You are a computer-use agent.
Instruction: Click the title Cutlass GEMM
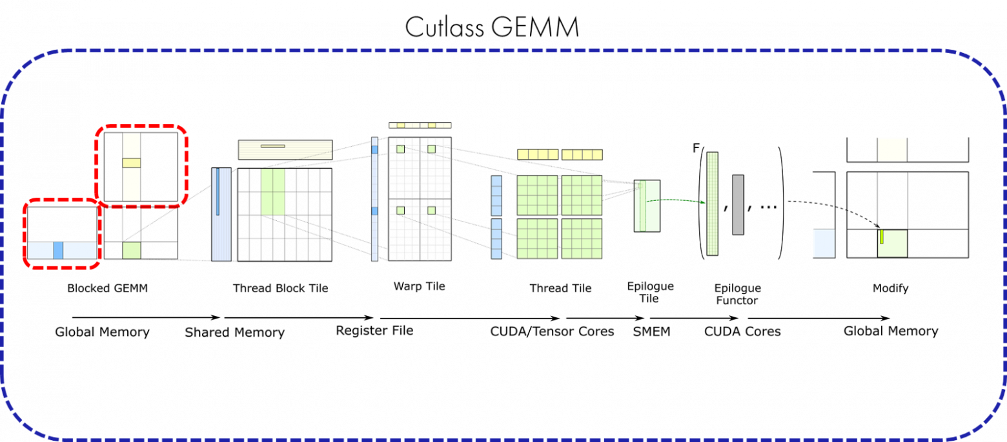(492, 27)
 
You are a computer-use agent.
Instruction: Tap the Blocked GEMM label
(107, 288)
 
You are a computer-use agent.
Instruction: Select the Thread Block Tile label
(281, 288)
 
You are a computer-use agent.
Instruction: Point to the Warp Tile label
(419, 286)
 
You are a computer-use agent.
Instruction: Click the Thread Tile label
(560, 288)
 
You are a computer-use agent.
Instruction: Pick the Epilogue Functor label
(737, 294)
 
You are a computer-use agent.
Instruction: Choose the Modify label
(891, 288)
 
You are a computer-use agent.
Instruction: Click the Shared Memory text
(235, 332)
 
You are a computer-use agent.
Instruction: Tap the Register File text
(374, 330)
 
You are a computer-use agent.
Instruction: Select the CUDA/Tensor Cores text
(552, 331)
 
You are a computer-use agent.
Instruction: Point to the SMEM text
(651, 331)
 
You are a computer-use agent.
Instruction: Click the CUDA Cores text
(742, 331)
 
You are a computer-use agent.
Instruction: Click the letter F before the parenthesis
(696, 148)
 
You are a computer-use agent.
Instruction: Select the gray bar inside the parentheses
(738, 205)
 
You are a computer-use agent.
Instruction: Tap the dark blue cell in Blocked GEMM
(59, 250)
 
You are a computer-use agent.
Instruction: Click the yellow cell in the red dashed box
(131, 163)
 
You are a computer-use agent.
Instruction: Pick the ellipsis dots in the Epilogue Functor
(769, 207)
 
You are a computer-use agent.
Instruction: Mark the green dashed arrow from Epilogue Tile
(676, 200)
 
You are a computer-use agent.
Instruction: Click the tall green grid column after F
(712, 204)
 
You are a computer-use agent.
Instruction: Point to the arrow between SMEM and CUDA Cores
(694, 318)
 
